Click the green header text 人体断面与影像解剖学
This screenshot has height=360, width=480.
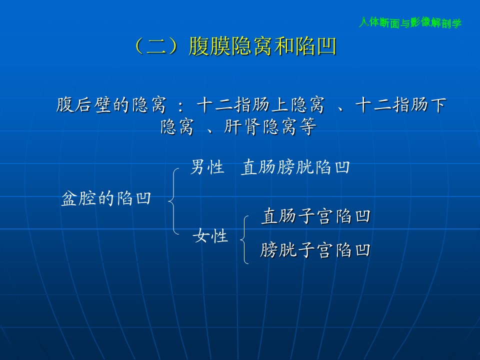click(x=410, y=22)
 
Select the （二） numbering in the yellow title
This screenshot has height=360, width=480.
click(x=156, y=46)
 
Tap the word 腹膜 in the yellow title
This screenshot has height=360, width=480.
click(x=209, y=46)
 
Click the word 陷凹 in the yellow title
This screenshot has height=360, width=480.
click(x=315, y=46)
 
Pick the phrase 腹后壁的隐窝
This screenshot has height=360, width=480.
click(x=111, y=105)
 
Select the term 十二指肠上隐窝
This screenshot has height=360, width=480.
click(x=260, y=105)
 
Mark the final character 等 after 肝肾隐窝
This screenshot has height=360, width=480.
click(x=308, y=126)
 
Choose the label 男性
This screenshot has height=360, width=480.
click(x=207, y=167)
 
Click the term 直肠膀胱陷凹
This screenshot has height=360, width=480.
click(x=295, y=167)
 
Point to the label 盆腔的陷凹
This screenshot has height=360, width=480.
click(x=106, y=198)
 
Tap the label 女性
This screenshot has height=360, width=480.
click(x=210, y=236)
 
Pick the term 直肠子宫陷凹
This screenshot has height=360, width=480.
click(x=316, y=216)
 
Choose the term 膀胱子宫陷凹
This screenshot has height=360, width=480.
click(x=315, y=250)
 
